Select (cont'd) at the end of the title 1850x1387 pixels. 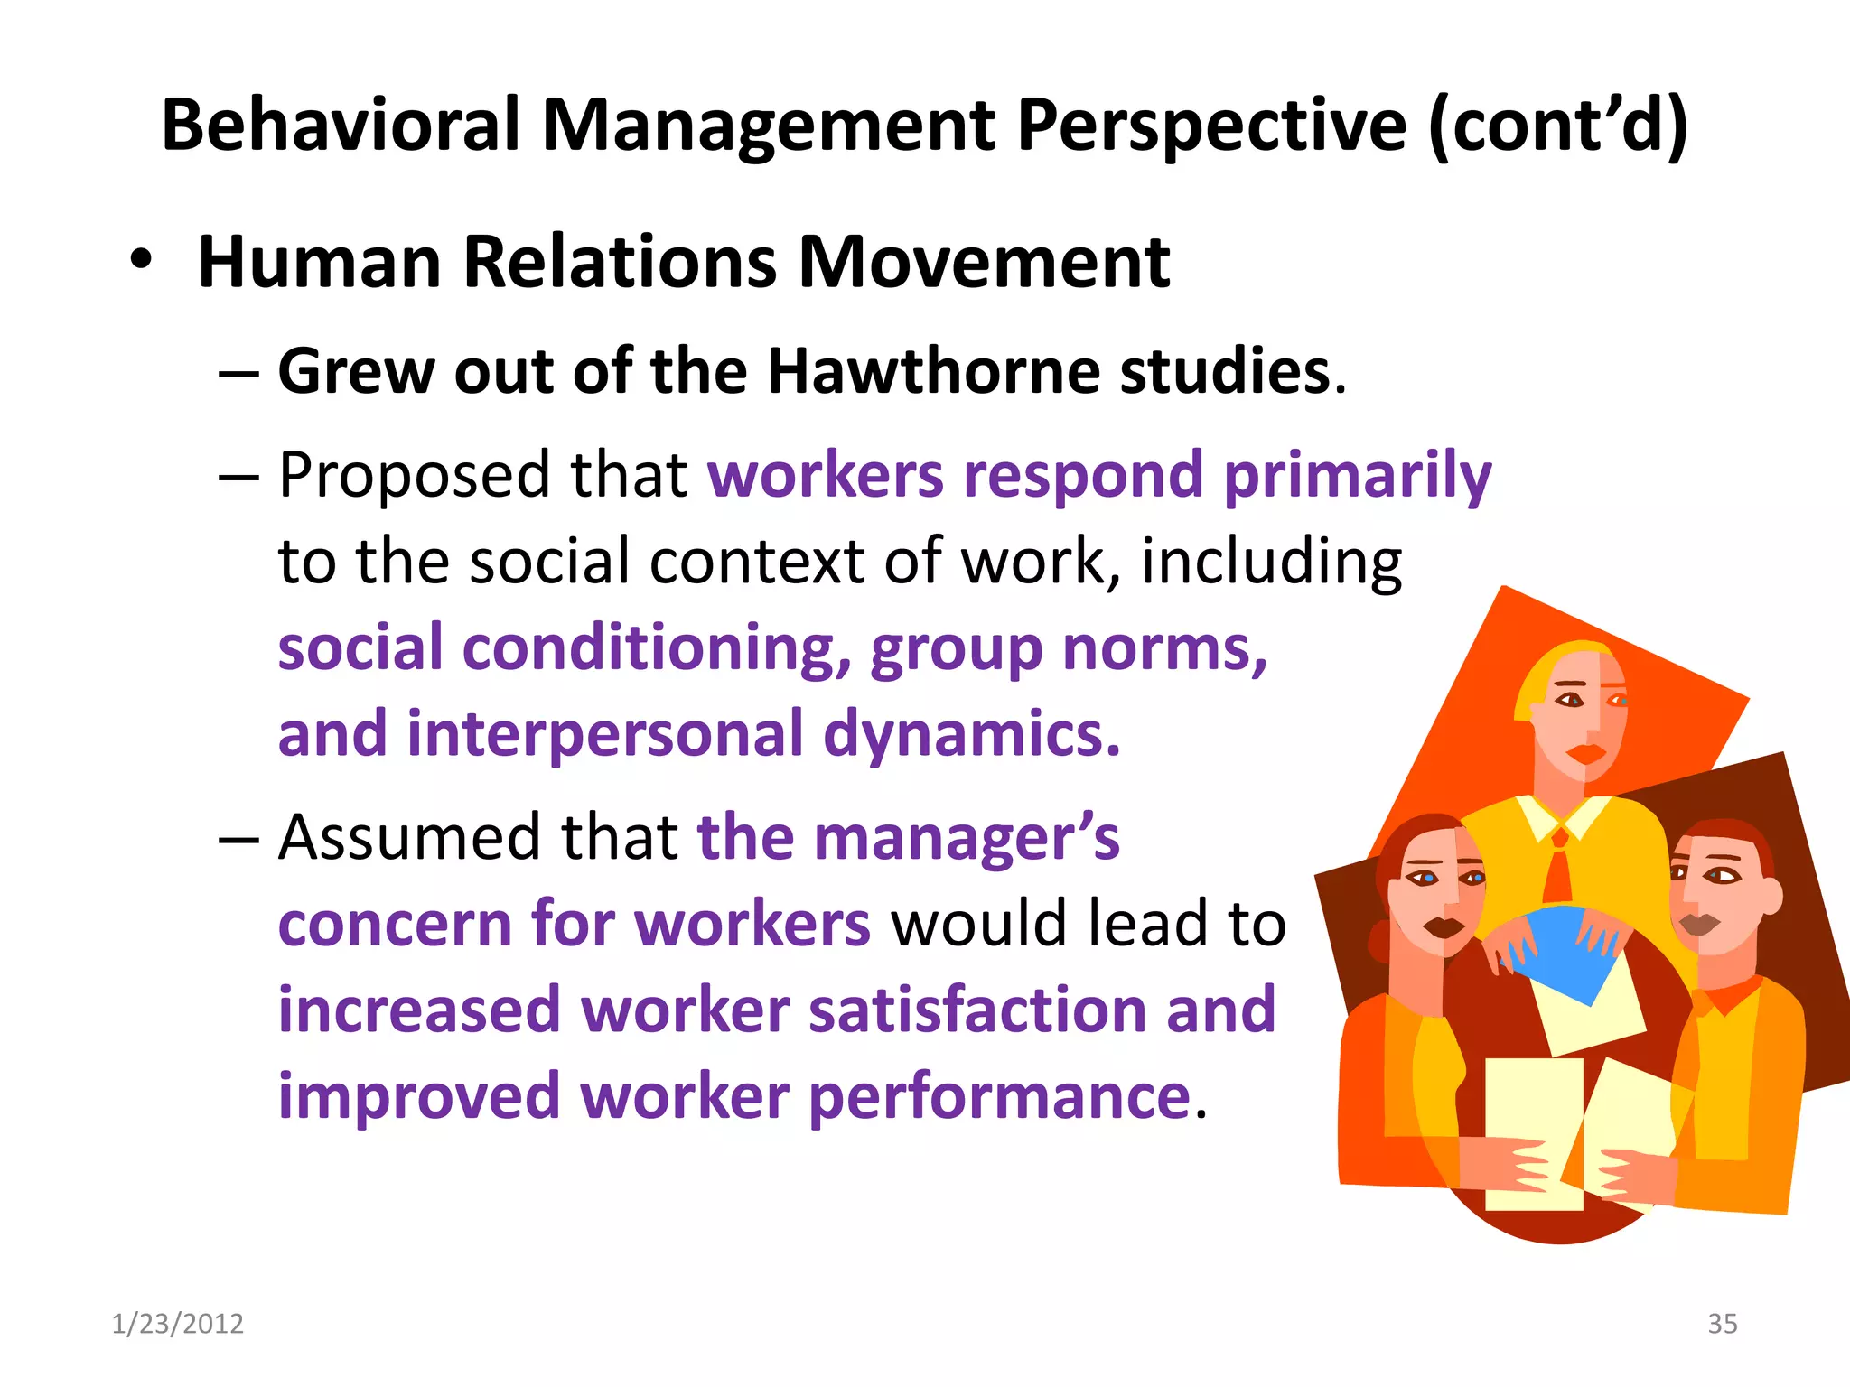[x=1558, y=126]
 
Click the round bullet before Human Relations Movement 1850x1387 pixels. [x=141, y=261]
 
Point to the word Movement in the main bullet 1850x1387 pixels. [x=984, y=263]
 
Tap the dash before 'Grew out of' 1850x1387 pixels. [x=239, y=373]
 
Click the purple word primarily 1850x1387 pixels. [x=1357, y=476]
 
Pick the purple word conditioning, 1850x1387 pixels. [x=657, y=649]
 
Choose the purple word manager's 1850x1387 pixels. [x=967, y=837]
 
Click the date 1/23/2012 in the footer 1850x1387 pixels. [x=177, y=1324]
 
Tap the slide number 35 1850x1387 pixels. [x=1722, y=1324]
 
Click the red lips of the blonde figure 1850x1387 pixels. [x=1585, y=752]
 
